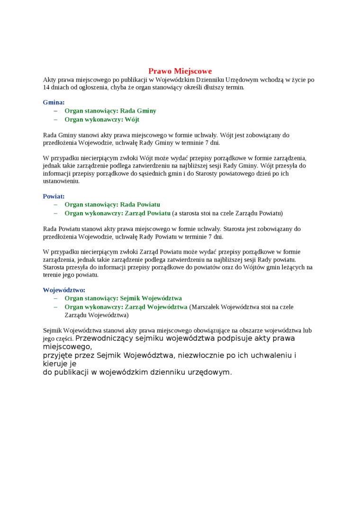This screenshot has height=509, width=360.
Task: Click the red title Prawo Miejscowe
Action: point(180,71)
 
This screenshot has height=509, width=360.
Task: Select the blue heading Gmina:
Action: point(54,102)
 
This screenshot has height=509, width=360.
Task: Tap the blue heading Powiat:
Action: point(54,196)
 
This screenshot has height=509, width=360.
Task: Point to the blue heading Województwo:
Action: point(64,290)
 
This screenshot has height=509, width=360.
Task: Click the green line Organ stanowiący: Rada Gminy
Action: point(110,111)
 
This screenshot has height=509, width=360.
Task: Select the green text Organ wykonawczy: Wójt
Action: point(102,119)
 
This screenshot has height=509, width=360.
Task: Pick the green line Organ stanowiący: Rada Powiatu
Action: point(112,205)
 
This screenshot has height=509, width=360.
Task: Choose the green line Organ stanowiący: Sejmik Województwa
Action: point(123,298)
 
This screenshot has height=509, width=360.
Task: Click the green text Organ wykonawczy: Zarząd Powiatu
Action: point(117,213)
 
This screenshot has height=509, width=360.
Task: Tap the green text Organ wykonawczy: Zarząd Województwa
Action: point(126,307)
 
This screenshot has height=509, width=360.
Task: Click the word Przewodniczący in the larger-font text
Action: point(104,339)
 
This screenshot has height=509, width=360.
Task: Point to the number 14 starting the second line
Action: point(46,88)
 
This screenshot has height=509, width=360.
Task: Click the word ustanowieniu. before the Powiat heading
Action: point(61,181)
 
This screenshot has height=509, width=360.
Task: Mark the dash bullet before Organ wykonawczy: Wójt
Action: point(55,119)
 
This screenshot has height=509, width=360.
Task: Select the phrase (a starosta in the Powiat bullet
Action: point(188,213)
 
